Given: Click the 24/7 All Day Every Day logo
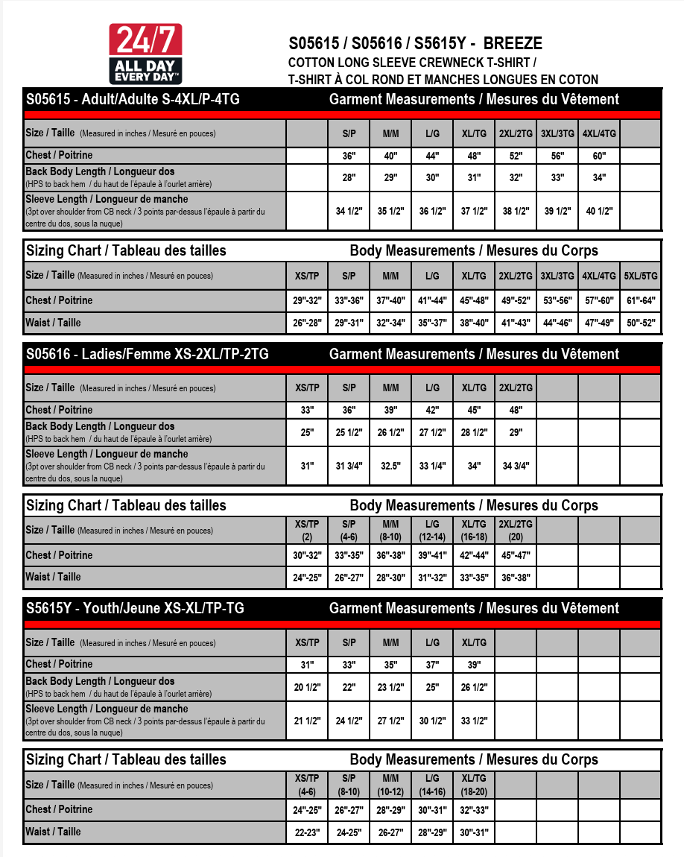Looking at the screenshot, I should tap(145, 54).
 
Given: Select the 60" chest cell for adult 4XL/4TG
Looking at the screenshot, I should tap(599, 156).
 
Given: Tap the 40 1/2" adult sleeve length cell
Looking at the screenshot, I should tap(599, 211).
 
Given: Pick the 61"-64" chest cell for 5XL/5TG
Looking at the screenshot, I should tap(641, 300).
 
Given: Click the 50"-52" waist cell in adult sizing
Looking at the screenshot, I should tap(641, 323).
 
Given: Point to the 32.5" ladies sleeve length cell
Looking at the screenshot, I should tap(390, 466).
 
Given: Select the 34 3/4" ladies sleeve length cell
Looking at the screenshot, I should tap(516, 466).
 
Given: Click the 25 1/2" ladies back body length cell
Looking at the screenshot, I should tap(349, 433).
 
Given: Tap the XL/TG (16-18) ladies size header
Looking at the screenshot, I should tap(474, 530).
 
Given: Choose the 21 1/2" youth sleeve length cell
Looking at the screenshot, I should tap(307, 721).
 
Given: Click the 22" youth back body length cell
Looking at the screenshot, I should tap(349, 687).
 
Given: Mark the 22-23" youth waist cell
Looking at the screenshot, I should tap(307, 832).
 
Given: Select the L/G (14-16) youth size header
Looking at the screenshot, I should tap(432, 785).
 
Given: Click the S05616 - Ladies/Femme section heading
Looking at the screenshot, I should tap(147, 354).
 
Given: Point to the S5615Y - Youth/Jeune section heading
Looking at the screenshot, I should tap(135, 608).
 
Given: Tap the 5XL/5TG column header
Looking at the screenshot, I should tap(641, 276).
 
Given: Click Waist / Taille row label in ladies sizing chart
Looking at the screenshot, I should tap(53, 577).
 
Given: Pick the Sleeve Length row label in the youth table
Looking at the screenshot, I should tap(107, 709).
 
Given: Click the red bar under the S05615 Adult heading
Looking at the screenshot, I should tap(342, 115).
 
